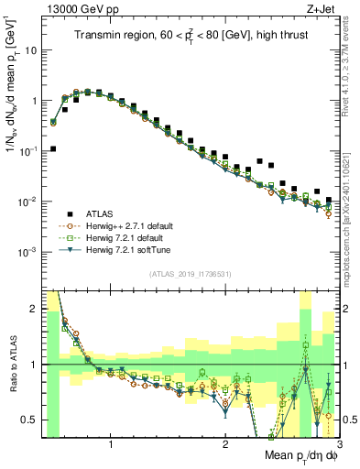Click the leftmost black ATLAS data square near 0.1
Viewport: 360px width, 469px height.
(53, 148)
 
